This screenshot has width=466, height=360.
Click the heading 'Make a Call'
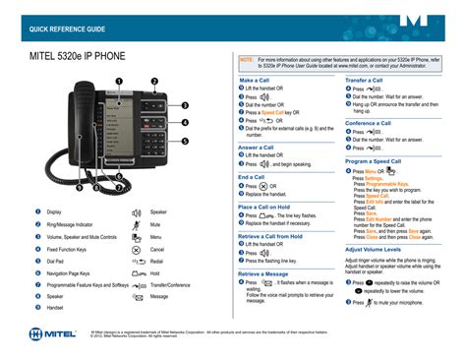pos(261,80)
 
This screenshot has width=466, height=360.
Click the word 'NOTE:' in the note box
pos(247,59)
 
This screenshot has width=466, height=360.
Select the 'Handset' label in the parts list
pos(56,308)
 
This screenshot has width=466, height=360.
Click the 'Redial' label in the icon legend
pos(158,261)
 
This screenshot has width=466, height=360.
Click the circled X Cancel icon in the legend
pos(136,249)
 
